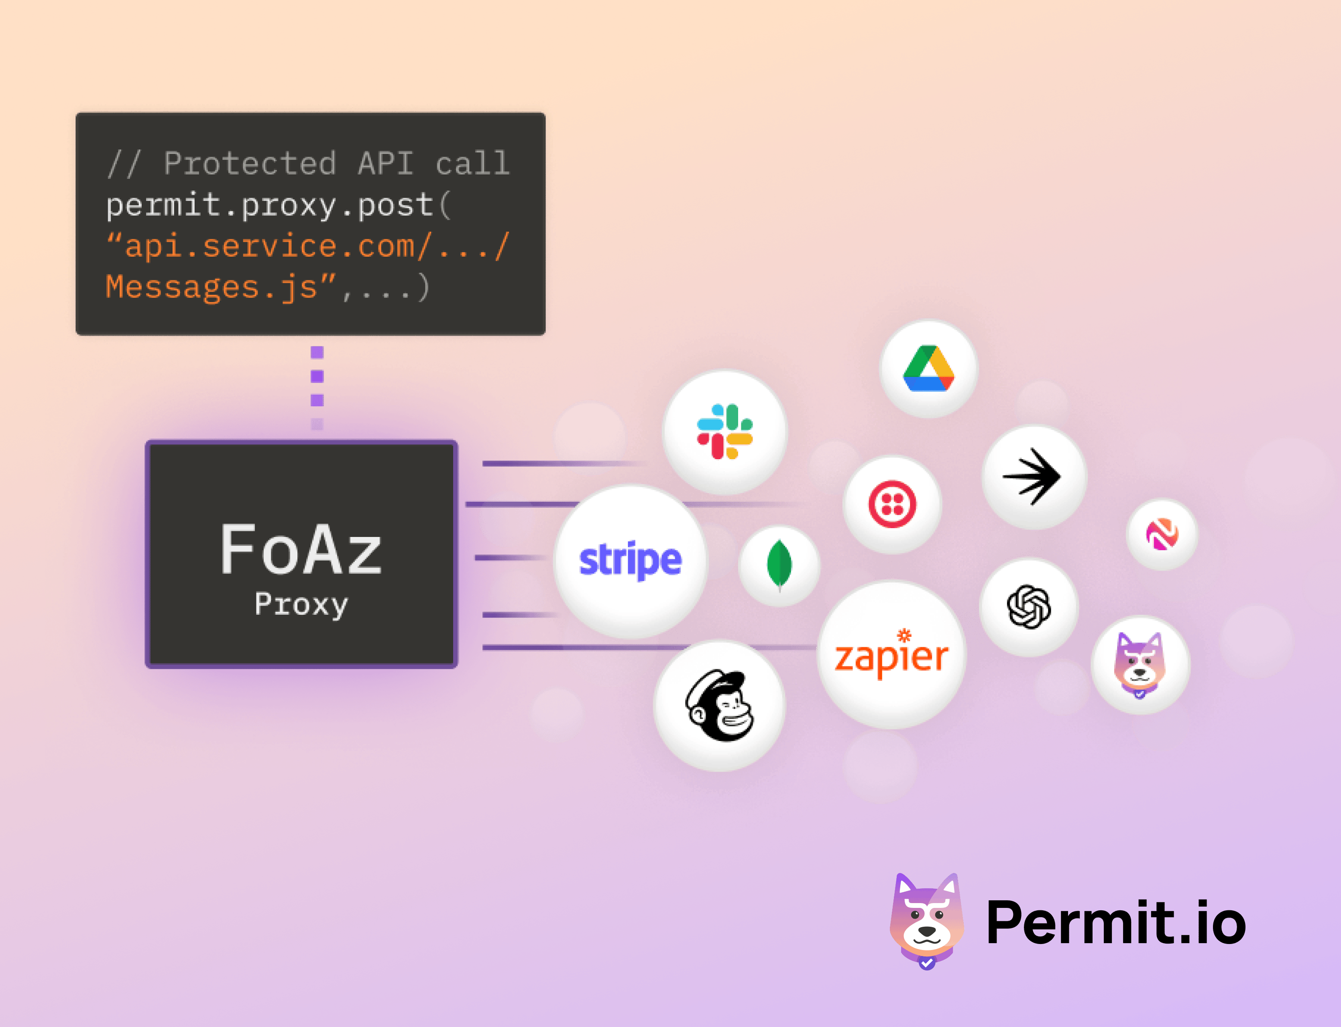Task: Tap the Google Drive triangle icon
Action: (x=929, y=368)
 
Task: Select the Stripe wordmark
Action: (x=630, y=560)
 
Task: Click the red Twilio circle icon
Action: (x=893, y=504)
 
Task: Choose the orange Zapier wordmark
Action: (x=891, y=654)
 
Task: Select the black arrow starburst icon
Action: (x=1032, y=477)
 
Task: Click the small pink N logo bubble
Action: (x=1162, y=534)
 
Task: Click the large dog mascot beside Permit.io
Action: (x=927, y=921)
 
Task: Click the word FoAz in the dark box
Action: (x=301, y=549)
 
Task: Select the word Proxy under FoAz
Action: (x=301, y=605)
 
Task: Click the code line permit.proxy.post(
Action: (x=279, y=205)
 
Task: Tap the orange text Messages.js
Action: (x=212, y=287)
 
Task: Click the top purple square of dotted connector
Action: (x=317, y=352)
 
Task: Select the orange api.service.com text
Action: (x=270, y=246)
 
